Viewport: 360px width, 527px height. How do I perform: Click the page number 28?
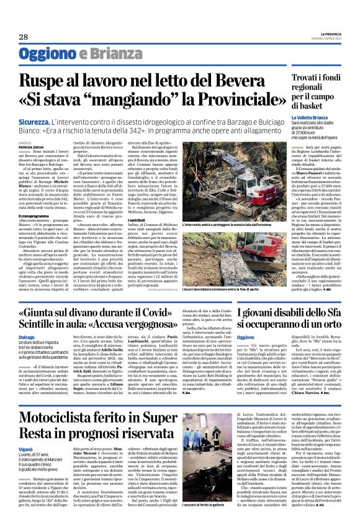pyautogui.click(x=23, y=37)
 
